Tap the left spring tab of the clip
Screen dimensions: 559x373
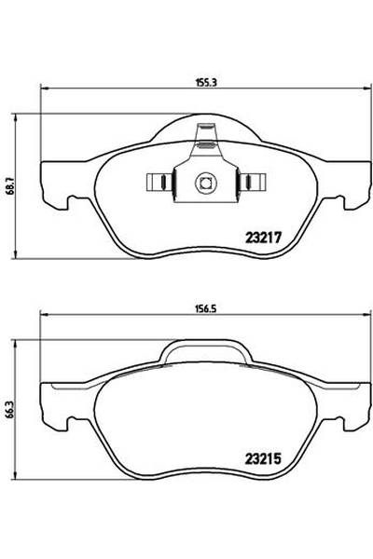click(x=159, y=182)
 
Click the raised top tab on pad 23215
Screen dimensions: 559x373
click(x=204, y=349)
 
